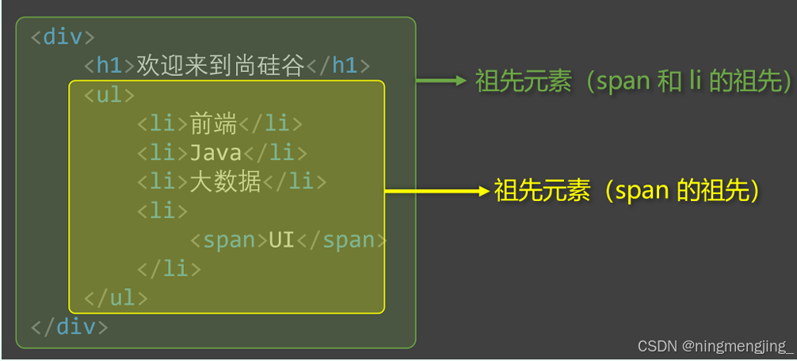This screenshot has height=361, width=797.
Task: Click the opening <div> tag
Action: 63,37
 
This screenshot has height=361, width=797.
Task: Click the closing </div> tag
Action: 70,326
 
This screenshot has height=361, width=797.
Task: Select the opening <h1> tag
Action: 110,66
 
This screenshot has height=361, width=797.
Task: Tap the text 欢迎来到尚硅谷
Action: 220,66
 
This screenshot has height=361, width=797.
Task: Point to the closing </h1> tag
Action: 338,66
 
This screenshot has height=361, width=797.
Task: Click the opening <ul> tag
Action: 110,95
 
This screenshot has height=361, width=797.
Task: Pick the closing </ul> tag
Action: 116,298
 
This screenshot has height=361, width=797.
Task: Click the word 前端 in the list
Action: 214,124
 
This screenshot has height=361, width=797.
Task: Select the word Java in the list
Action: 215,153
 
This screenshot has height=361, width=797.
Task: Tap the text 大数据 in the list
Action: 226,182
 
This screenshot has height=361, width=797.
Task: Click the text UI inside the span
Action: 281,240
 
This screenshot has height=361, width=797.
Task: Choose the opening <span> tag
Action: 228,240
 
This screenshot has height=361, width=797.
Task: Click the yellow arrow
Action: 436,191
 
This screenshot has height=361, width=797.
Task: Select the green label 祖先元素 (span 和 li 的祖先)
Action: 634,81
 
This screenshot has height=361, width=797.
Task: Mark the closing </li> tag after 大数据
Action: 295,182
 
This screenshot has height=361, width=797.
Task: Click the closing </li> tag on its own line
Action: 169,268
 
